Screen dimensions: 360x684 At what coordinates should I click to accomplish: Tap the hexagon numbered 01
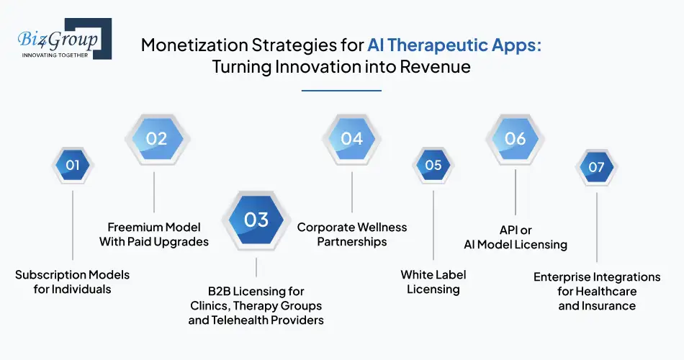pyautogui.click(x=73, y=166)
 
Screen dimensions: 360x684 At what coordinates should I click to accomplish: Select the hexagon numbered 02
pyautogui.click(x=156, y=138)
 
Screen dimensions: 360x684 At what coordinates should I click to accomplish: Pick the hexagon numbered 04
pyautogui.click(x=351, y=138)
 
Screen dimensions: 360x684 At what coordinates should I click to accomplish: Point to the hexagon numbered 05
pyautogui.click(x=433, y=166)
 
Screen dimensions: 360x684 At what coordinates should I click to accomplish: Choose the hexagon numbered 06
pyautogui.click(x=515, y=138)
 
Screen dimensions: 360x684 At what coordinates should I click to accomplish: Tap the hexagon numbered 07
pyautogui.click(x=596, y=167)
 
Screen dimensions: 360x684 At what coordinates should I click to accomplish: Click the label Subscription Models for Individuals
pyautogui.click(x=72, y=282)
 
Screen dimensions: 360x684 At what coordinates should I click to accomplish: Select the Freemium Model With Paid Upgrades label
pyautogui.click(x=154, y=234)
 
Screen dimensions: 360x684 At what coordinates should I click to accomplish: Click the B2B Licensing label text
pyautogui.click(x=256, y=305)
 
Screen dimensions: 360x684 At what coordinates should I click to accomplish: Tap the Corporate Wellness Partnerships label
pyautogui.click(x=352, y=234)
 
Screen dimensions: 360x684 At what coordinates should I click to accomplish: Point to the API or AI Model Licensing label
pyautogui.click(x=516, y=238)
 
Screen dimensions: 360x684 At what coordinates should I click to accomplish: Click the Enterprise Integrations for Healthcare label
pyautogui.click(x=597, y=291)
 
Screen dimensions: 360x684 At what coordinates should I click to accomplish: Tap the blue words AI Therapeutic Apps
pyautogui.click(x=454, y=45)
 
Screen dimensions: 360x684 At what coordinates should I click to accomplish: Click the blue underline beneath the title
pyautogui.click(x=341, y=91)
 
